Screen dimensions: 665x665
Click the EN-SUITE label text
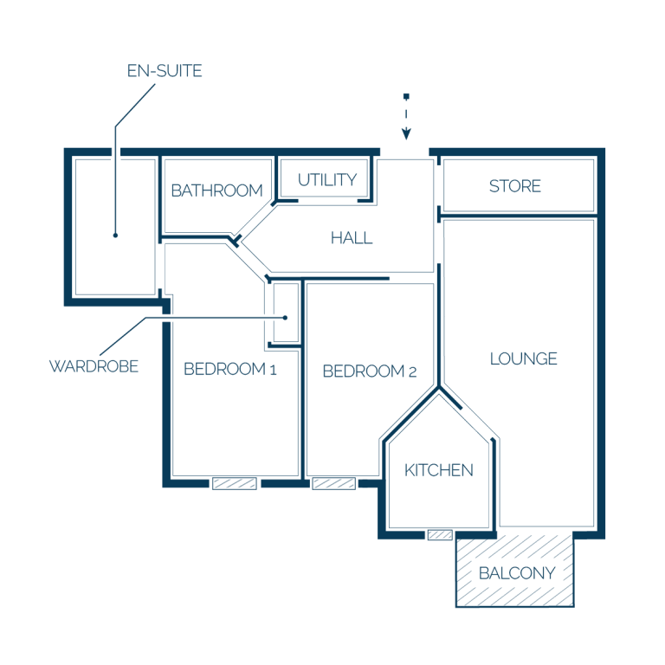click(165, 71)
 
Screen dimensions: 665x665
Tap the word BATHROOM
click(216, 190)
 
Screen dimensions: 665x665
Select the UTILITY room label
click(327, 180)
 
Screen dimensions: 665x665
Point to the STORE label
click(515, 186)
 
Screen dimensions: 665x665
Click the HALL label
click(352, 238)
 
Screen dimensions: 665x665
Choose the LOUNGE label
click(523, 358)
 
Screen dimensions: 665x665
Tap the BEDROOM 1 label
click(230, 370)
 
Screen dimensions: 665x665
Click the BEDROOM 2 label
click(370, 371)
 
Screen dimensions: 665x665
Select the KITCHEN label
click(438, 470)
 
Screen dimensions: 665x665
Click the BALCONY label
click(517, 573)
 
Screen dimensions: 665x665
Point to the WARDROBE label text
click(94, 366)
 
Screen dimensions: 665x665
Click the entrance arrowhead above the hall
click(406, 133)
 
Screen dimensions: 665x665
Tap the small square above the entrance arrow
click(406, 97)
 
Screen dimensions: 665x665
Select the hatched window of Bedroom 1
click(235, 483)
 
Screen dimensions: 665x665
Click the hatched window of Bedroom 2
click(333, 483)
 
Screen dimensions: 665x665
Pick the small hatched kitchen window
click(440, 535)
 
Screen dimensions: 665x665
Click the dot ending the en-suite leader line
click(115, 236)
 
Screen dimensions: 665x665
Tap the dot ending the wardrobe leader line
click(286, 318)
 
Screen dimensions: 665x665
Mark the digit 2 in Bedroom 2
click(413, 372)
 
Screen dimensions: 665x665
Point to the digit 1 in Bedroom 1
click(274, 371)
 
